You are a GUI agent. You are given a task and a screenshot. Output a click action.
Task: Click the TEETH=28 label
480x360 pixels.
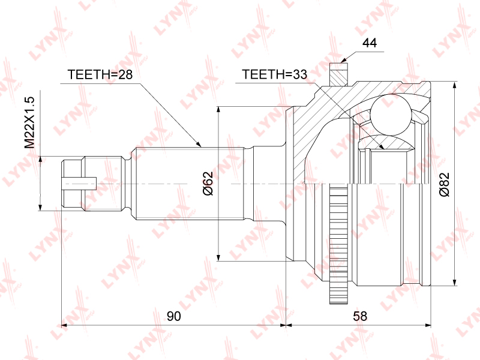[100, 74]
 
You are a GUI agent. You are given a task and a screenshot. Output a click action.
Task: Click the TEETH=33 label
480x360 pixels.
[274, 74]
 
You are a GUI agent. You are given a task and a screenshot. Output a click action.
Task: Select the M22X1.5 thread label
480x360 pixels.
[30, 122]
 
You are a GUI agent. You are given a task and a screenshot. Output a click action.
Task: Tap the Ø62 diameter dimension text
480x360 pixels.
[208, 184]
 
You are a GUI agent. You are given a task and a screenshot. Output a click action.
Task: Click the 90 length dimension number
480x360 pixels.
[174, 316]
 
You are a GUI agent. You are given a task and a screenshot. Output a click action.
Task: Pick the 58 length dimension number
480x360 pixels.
[360, 316]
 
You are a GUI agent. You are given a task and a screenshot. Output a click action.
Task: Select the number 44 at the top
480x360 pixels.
[370, 43]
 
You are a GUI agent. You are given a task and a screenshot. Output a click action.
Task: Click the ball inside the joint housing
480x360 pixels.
[390, 115]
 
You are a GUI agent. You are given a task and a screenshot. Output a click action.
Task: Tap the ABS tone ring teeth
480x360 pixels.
[338, 244]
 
